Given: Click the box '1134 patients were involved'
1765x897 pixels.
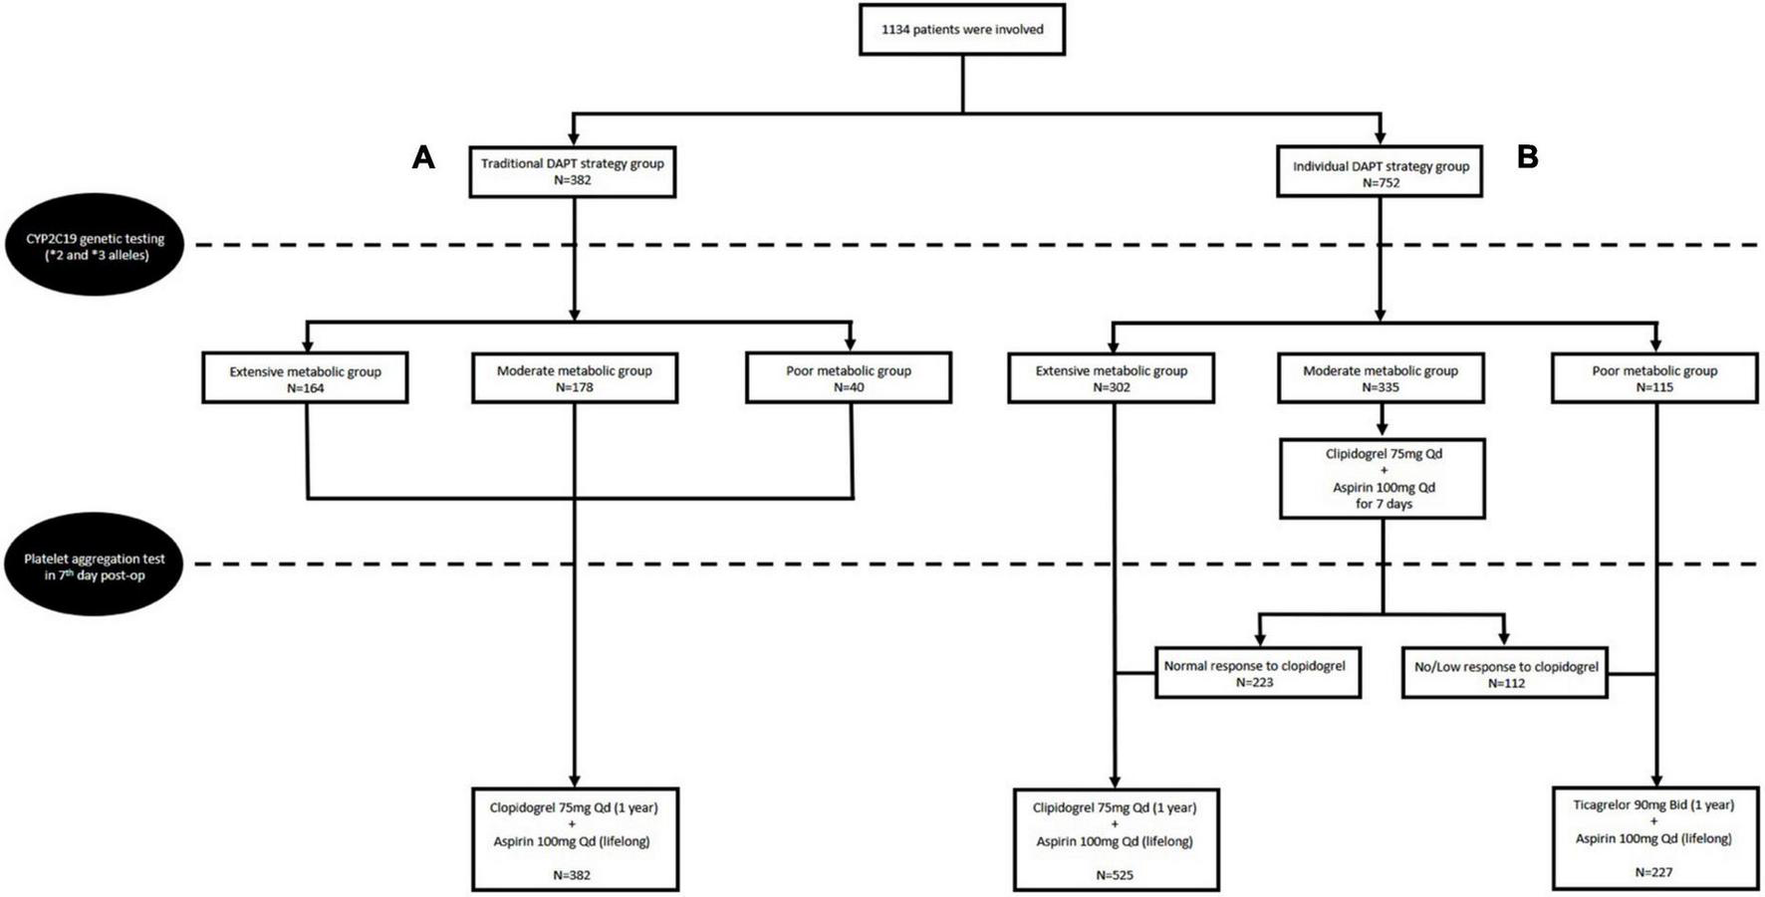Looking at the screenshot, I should (x=962, y=30).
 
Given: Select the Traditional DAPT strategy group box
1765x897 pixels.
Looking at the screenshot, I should (x=573, y=171).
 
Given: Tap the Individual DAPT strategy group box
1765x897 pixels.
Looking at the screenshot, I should (x=1380, y=173).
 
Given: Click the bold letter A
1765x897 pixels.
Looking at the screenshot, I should (x=423, y=157).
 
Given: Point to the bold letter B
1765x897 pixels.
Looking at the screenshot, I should (x=1527, y=157).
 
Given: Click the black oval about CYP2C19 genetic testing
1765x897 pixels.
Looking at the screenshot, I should (x=96, y=246).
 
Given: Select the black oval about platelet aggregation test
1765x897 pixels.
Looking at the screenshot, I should (x=96, y=565).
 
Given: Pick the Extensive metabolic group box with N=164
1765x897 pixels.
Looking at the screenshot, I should (x=305, y=378).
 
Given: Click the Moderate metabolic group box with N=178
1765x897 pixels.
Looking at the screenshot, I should (x=575, y=378).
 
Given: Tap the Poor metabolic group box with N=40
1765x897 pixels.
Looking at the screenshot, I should (x=849, y=378).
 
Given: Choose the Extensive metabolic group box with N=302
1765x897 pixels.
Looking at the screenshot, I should (x=1112, y=378).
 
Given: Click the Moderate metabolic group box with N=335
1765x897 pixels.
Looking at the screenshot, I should (x=1381, y=378).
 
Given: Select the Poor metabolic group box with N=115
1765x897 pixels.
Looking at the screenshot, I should (x=1654, y=378).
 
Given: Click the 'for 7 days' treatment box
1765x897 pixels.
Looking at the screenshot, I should (x=1383, y=479).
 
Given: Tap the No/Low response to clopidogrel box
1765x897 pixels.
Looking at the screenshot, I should (x=1505, y=674).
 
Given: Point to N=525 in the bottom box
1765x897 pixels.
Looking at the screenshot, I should (x=1115, y=875).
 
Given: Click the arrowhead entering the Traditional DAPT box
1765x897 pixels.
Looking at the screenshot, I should (x=573, y=139).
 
